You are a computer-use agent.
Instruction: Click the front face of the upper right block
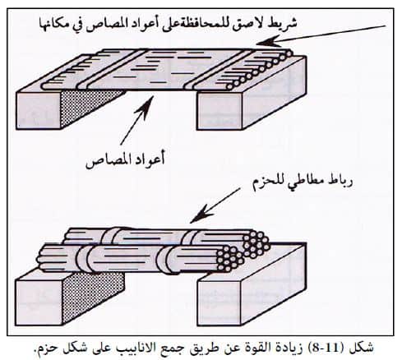pos(219,110)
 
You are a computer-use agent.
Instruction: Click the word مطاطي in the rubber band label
pos(306,183)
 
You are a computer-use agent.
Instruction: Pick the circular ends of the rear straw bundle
pos(256,243)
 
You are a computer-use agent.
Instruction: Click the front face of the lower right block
pos(219,303)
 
